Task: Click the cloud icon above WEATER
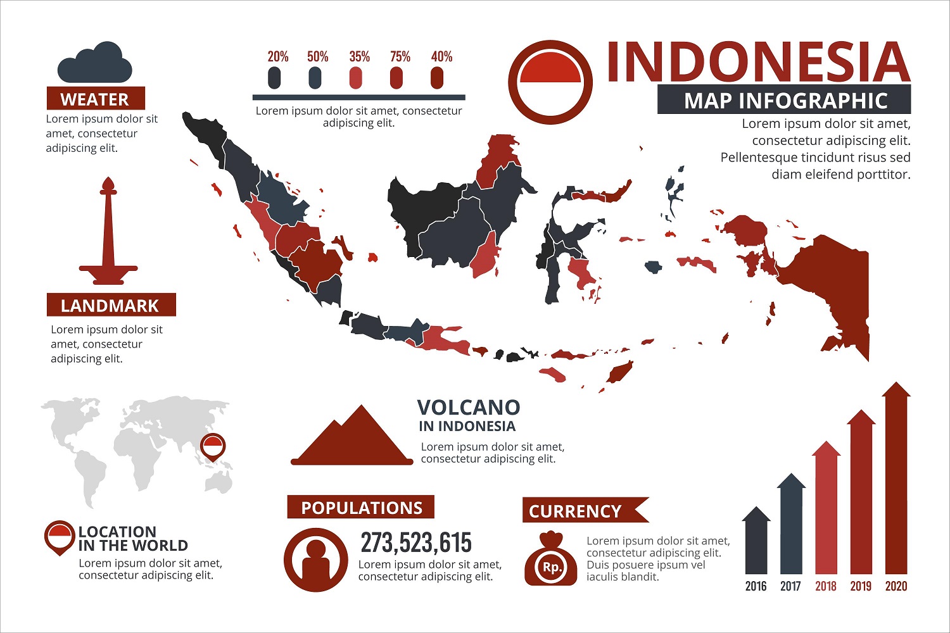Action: [95, 63]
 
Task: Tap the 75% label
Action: [400, 57]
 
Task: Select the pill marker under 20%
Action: [274, 78]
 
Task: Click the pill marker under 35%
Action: [356, 78]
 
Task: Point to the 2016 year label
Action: [756, 586]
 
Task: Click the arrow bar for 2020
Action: [896, 481]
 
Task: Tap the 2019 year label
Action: [861, 586]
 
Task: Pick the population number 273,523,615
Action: [416, 543]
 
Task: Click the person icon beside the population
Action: [315, 560]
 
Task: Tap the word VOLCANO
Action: [468, 407]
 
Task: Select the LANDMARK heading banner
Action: [111, 305]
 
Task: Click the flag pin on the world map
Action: [213, 447]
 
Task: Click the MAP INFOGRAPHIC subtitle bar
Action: [784, 101]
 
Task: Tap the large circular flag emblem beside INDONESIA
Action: [550, 82]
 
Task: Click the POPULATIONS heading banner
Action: [361, 508]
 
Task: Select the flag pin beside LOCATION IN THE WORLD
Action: [60, 537]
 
